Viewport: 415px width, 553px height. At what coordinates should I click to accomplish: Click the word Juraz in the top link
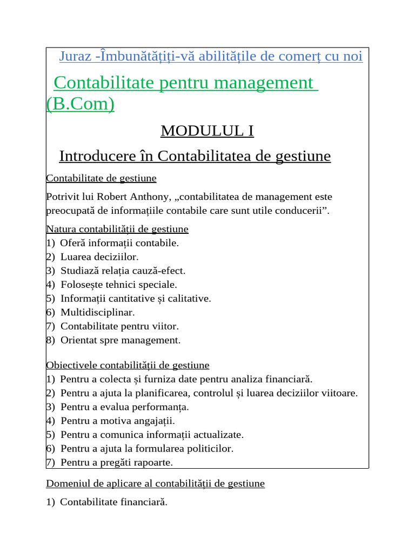click(76, 57)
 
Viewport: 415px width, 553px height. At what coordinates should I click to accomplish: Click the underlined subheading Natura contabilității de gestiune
click(117, 229)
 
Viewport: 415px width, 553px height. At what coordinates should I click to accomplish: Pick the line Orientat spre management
click(121, 340)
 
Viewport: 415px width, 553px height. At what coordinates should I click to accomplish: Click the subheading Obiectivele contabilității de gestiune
click(128, 365)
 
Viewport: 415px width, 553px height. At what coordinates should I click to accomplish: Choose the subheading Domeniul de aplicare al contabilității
click(156, 483)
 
